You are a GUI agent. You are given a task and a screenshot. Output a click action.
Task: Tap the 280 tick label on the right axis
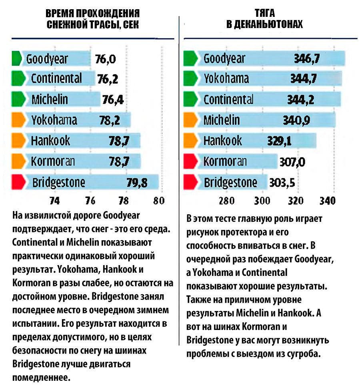[227, 201]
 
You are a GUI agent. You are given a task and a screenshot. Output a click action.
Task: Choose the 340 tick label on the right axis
[327, 201]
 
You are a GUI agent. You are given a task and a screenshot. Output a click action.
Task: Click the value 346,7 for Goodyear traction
[307, 59]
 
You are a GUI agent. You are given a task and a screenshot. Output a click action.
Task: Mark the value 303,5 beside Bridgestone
[282, 183]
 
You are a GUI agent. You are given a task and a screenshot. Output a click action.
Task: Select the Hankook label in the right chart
[223, 141]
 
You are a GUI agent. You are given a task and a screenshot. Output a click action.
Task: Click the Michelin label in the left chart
[50, 99]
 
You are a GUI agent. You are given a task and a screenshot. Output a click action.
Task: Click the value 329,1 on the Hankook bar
[280, 141]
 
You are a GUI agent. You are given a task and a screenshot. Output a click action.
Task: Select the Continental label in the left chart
[56, 78]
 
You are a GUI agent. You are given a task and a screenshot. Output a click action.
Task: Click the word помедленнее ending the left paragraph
[41, 377]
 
